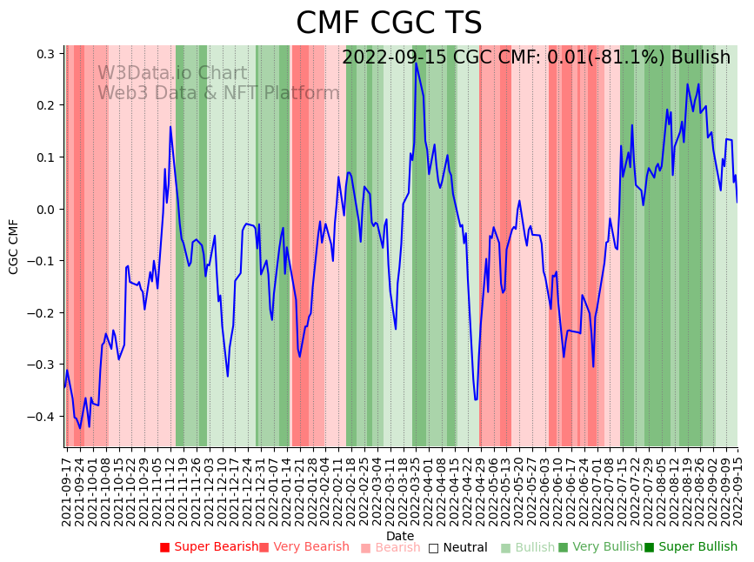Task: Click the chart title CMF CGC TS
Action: pyautogui.click(x=388, y=23)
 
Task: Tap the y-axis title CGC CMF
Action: pyautogui.click(x=14, y=246)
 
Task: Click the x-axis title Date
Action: pyautogui.click(x=400, y=536)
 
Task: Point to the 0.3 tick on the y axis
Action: pyautogui.click(x=45, y=54)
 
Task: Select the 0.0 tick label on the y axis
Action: pyautogui.click(x=45, y=210)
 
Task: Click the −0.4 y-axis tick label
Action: pyautogui.click(x=42, y=417)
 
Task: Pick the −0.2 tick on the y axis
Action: pyautogui.click(x=42, y=313)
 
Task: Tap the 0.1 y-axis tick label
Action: pyautogui.click(x=45, y=157)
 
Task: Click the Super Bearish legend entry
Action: pyautogui.click(x=209, y=547)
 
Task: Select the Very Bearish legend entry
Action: pyautogui.click(x=304, y=547)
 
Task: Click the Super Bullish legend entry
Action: pyautogui.click(x=691, y=547)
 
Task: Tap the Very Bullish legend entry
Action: pyautogui.click(x=599, y=547)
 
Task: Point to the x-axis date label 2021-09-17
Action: pyautogui.click(x=67, y=488)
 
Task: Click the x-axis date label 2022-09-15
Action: pyautogui.click(x=738, y=488)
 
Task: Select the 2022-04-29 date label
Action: pyautogui.click(x=480, y=488)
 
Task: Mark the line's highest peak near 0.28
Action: pyautogui.click(x=416, y=64)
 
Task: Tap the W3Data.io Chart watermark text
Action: pyautogui.click(x=172, y=73)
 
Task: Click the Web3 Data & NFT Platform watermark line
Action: pyautogui.click(x=218, y=93)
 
